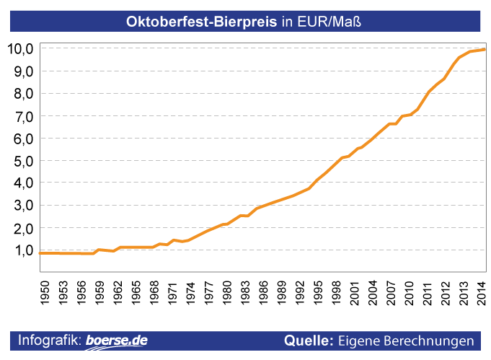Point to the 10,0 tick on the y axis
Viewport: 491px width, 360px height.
coord(20,49)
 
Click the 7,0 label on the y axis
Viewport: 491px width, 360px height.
coord(22,116)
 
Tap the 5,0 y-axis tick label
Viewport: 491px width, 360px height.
coord(22,161)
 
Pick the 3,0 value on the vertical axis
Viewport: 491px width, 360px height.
coord(22,206)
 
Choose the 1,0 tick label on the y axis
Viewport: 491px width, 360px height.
coord(22,250)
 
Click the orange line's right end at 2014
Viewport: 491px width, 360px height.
coord(484,50)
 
